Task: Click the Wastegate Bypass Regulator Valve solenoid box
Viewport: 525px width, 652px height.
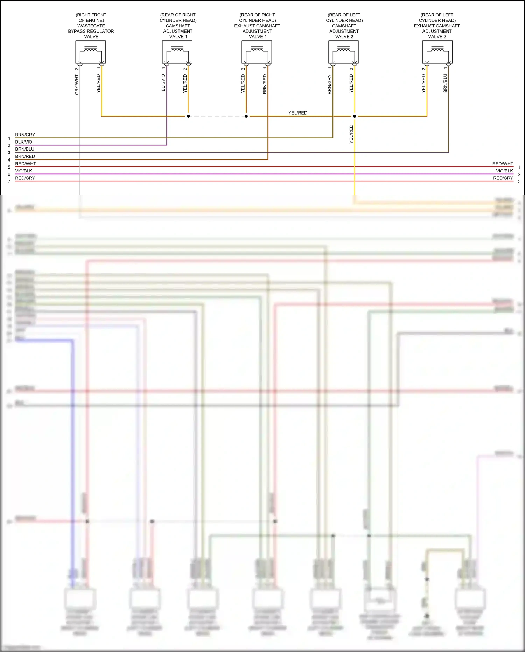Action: tap(90, 52)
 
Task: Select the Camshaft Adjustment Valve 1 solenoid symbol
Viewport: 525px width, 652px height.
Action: tap(177, 52)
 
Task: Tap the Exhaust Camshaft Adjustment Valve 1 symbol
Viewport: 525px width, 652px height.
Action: tap(257, 52)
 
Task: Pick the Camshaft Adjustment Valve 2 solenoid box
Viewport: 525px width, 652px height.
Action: tap(343, 52)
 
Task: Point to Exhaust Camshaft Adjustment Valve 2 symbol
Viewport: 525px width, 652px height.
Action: tap(437, 52)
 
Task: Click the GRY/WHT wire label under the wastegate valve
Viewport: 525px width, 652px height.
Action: tap(77, 84)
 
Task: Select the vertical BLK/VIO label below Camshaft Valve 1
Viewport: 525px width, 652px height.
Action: tap(163, 83)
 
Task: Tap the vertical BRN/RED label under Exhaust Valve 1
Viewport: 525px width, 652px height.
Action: tap(265, 84)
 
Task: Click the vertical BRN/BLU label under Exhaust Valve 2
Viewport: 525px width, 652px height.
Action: tap(445, 83)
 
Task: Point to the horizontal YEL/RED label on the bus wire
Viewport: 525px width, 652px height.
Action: tap(298, 113)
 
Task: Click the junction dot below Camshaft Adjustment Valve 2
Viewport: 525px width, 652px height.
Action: tap(355, 116)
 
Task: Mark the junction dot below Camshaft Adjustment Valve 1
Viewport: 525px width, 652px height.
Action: tap(188, 116)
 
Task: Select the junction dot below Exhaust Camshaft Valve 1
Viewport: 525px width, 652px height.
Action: tap(246, 116)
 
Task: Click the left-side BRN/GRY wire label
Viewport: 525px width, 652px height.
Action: tap(25, 135)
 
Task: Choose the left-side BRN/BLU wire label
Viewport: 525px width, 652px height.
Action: tap(25, 149)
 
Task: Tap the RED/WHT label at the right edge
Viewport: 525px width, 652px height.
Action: tap(503, 164)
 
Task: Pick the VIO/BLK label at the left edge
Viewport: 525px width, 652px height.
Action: tap(24, 171)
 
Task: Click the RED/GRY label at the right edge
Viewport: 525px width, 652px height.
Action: tap(503, 178)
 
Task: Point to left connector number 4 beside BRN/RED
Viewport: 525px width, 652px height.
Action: tap(9, 160)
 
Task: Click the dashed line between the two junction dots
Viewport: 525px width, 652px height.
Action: tap(217, 116)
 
